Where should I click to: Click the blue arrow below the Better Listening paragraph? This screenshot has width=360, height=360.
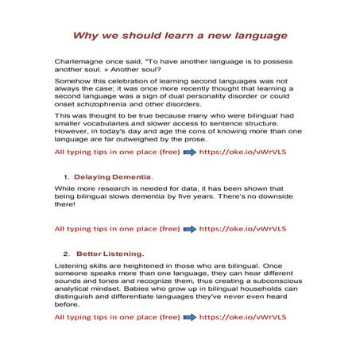click(189, 317)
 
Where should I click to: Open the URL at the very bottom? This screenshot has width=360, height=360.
click(241, 317)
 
